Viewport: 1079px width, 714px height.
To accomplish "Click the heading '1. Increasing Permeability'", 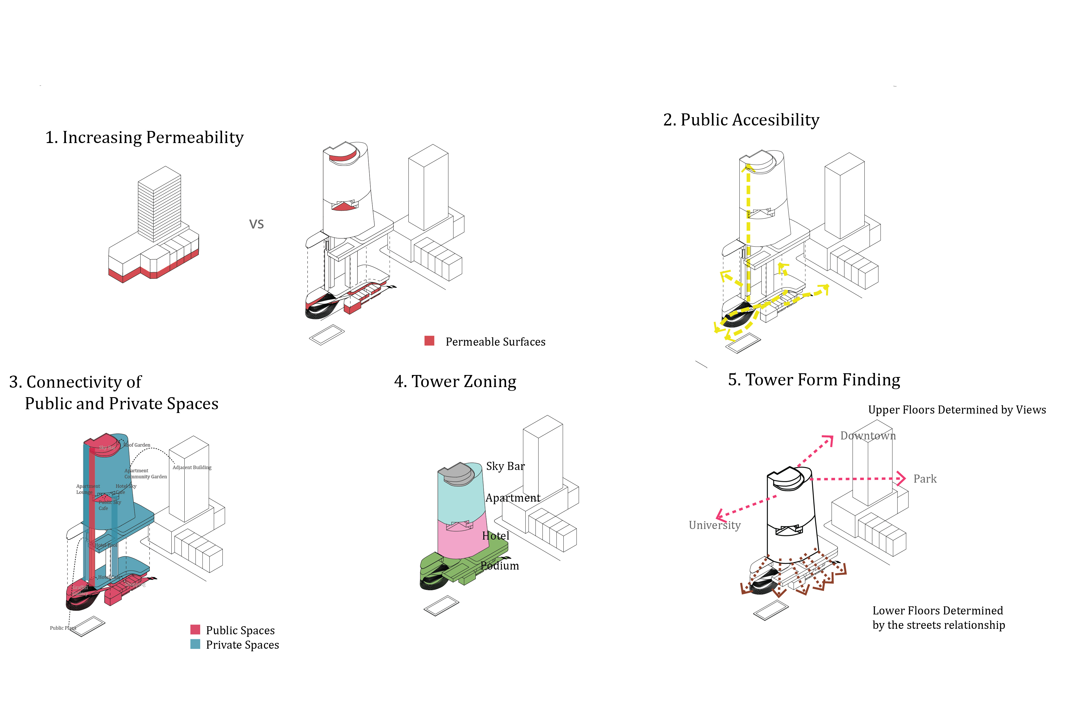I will tap(144, 138).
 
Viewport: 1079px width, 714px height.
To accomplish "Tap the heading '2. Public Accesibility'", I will tap(741, 120).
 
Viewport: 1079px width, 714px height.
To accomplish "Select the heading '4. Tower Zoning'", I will tap(455, 382).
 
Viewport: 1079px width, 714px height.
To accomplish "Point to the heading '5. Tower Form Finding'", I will tap(814, 380).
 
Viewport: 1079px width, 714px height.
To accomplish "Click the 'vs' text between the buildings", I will tap(256, 224).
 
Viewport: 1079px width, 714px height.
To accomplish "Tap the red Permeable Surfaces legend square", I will tap(429, 341).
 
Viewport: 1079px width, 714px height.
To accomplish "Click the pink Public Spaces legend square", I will tap(195, 629).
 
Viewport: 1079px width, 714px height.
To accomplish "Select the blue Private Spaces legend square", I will tap(195, 644).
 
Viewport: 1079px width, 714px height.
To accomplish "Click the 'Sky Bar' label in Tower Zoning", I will tap(505, 466).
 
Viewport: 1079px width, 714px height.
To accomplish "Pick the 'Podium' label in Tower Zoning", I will tap(499, 566).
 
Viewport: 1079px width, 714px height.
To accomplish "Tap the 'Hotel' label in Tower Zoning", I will tap(495, 536).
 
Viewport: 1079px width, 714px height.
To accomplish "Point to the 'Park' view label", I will tap(925, 479).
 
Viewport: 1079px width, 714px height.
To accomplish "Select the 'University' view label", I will tap(714, 525).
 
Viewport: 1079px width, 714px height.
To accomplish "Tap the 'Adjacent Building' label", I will tap(192, 467).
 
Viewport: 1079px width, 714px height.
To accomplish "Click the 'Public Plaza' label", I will tap(63, 628).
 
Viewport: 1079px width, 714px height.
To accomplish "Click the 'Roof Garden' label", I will tap(137, 445).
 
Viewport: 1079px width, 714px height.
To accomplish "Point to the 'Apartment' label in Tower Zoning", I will tap(513, 498).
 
